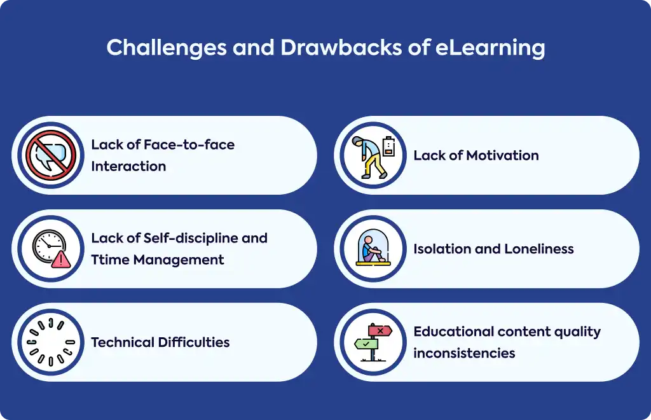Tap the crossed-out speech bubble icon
[51, 155]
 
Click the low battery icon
[388, 146]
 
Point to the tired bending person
[369, 157]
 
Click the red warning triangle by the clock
[61, 259]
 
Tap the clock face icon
[49, 246]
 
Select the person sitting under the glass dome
[371, 249]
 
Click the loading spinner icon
[51, 342]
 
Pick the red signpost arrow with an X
[380, 330]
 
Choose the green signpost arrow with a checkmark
[366, 344]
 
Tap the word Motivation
[502, 155]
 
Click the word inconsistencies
[464, 353]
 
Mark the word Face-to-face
[189, 144]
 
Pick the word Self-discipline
[191, 239]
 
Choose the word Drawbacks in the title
[341, 47]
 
